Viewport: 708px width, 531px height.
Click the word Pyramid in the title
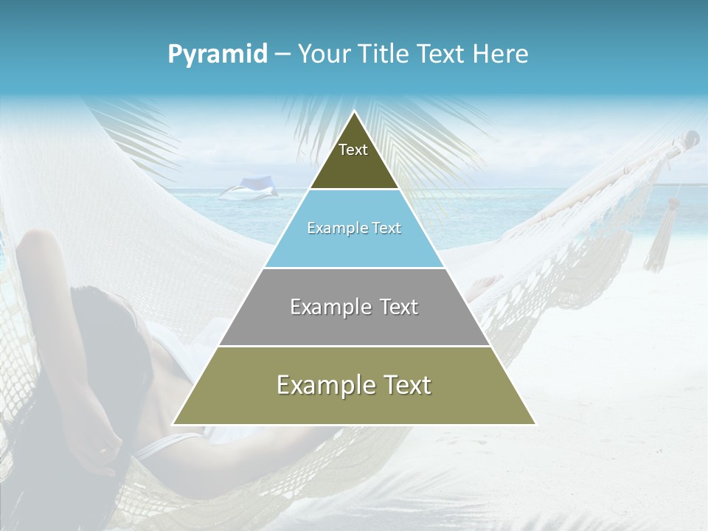(x=218, y=55)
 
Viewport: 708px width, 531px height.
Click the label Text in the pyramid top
(x=353, y=150)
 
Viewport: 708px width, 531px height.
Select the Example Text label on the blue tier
(x=354, y=228)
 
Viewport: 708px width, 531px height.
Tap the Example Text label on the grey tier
(x=354, y=307)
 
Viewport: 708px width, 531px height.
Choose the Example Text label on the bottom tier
(x=354, y=385)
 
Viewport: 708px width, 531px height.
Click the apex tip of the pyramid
(x=355, y=112)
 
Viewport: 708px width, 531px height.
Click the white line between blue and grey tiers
(x=354, y=268)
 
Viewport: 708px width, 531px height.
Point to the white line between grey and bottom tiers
(x=354, y=346)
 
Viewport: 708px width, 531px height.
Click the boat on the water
(x=251, y=189)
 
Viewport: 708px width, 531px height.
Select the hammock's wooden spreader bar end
(x=690, y=138)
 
